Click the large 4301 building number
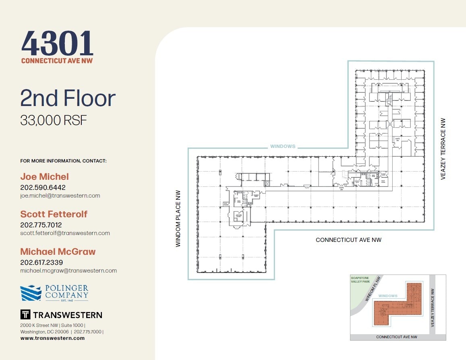57,44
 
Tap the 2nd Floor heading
68,98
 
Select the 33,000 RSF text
54,120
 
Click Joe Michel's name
44,177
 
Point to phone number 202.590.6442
43,187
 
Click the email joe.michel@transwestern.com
60,196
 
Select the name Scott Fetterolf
54,214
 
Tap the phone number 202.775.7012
41,225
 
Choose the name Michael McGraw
58,252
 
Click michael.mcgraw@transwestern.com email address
68,271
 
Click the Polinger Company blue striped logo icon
31,293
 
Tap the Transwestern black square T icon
25,315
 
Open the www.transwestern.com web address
52,338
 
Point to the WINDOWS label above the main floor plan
282,146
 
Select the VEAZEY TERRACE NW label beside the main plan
443,149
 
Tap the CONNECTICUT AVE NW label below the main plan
348,240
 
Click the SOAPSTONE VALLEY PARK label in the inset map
360,280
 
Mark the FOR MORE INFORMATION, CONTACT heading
63,161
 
